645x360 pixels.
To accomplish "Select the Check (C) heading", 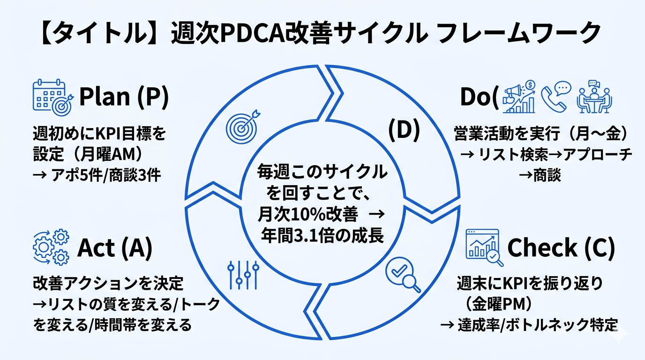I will [x=561, y=248].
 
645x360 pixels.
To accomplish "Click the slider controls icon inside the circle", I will [x=243, y=274].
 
